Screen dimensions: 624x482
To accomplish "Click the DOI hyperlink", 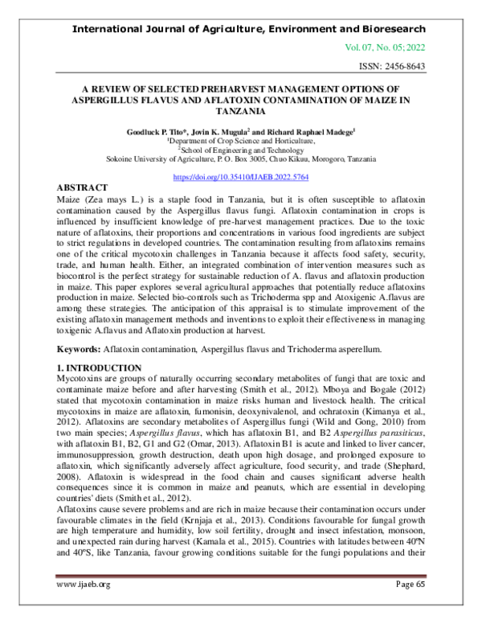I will click(241, 176).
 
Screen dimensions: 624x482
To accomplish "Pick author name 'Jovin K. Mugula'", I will click(225, 129).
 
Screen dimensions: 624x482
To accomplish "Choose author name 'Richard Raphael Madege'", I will click(309, 129).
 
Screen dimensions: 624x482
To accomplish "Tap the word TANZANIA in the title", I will click(241, 111).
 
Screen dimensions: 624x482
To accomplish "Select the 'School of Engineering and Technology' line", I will click(242, 149).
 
